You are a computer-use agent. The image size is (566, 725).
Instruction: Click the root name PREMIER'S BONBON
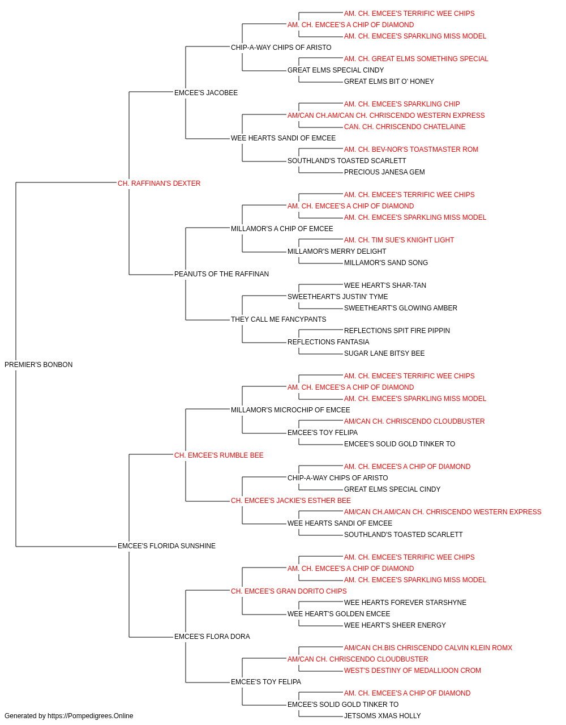38,364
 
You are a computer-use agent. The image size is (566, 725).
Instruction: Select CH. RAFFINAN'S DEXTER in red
159,183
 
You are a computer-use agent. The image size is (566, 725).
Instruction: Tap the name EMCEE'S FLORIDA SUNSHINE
166,545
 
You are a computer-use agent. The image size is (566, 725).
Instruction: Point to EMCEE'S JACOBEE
206,93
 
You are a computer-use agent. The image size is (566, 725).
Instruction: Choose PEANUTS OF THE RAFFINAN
221,274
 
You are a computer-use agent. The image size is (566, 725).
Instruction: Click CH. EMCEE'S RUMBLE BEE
218,455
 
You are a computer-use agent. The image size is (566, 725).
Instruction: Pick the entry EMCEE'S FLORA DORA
212,636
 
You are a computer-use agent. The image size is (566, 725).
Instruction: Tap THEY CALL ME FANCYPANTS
278,319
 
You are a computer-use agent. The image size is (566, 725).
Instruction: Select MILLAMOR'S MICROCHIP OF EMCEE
290,410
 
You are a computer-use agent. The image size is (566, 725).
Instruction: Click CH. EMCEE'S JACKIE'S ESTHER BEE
291,501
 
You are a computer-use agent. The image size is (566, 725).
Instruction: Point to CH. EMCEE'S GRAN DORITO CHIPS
289,591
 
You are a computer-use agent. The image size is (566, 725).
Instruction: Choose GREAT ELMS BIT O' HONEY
389,82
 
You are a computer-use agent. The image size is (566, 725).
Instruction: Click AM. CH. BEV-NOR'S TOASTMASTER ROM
411,149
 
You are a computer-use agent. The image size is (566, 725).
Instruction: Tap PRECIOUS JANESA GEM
384,172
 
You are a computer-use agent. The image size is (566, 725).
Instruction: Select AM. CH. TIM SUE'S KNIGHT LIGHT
399,240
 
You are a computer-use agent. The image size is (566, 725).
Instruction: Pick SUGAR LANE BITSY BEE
384,353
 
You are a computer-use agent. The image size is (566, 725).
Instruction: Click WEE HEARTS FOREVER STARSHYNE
405,602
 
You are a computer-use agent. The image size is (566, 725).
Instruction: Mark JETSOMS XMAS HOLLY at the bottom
383,716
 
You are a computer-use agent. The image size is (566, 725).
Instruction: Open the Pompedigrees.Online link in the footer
91,716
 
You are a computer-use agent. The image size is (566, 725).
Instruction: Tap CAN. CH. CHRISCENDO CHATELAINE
405,127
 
